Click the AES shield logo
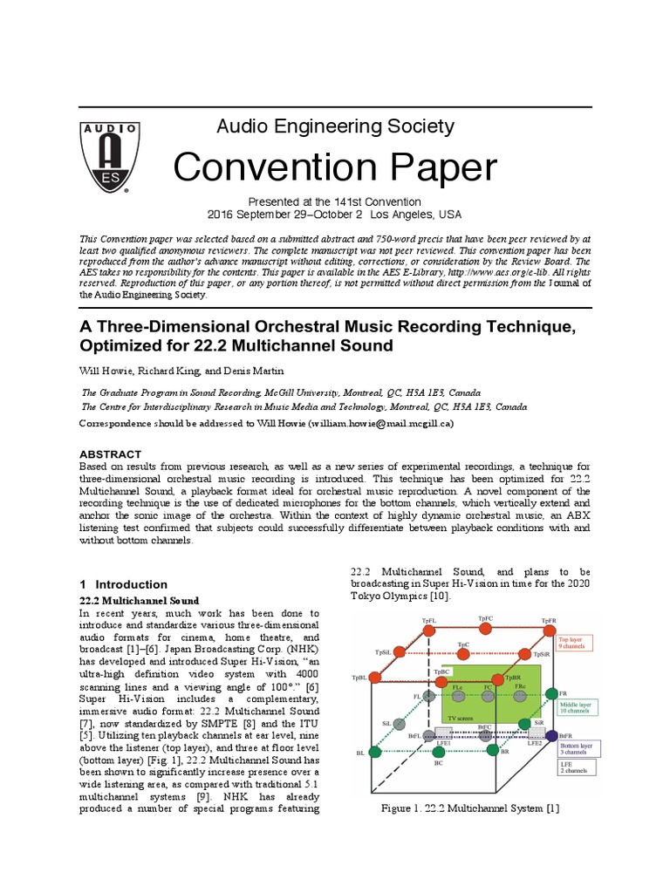[x=106, y=156]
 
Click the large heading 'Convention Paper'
[x=335, y=167]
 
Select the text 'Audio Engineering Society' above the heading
[x=335, y=126]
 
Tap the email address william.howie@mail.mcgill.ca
[x=384, y=423]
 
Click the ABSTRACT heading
[x=110, y=454]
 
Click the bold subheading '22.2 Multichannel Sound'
[x=140, y=601]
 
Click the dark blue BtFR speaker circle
[x=550, y=736]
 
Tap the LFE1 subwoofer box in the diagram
[x=443, y=733]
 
